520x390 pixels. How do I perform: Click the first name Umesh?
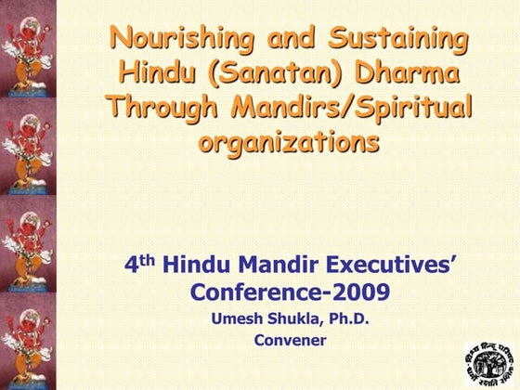click(x=240, y=320)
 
